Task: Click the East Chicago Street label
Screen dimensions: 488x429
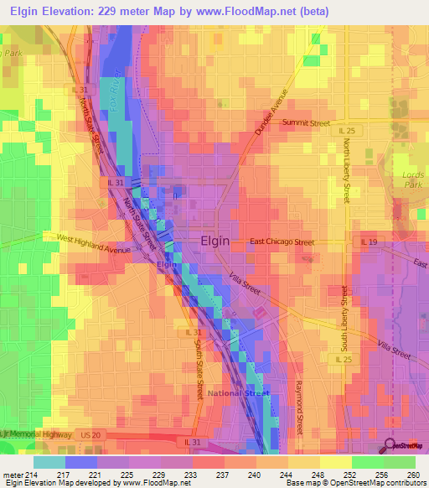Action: click(x=282, y=242)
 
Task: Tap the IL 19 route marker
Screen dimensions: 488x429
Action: click(x=370, y=242)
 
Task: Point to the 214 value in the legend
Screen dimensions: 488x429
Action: click(x=32, y=474)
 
